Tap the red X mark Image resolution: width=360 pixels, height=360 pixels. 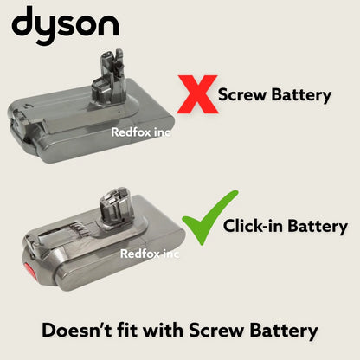tap(197, 94)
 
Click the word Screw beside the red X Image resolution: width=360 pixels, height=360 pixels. tap(241, 94)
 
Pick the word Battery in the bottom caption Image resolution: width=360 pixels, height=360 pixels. tap(282, 330)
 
